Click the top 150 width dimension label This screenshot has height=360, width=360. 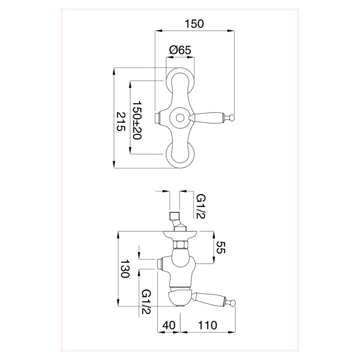[194, 24]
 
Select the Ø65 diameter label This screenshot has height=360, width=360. [180, 50]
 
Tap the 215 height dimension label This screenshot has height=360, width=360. [121, 121]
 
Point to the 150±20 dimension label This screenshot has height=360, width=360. [137, 120]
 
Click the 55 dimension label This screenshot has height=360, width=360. [221, 247]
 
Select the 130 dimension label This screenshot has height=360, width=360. [125, 269]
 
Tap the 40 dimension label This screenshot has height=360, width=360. [169, 325]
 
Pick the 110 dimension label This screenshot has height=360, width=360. [207, 325]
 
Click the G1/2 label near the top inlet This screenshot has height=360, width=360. [201, 207]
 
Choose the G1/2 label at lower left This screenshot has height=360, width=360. [146, 301]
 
